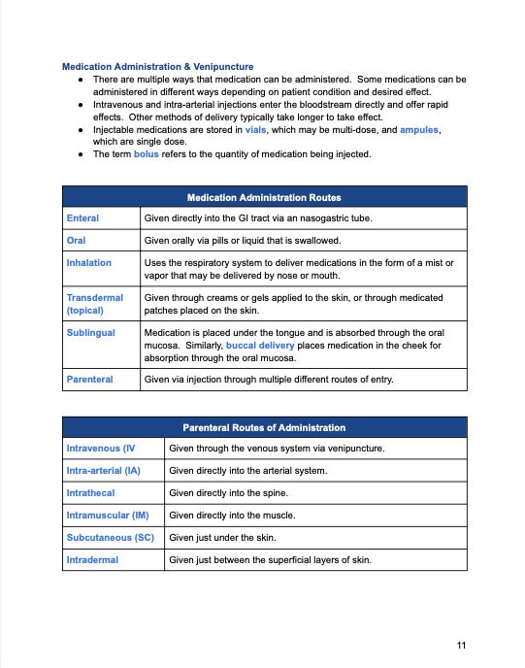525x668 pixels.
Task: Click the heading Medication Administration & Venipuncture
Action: (157, 67)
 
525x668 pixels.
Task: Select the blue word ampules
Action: (417, 128)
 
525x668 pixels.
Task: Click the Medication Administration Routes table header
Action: (263, 197)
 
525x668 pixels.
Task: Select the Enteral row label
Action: (82, 218)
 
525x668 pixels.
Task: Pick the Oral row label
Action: (75, 240)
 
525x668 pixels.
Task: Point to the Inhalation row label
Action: (89, 262)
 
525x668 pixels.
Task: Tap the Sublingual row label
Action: (90, 332)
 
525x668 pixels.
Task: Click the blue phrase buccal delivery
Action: (267, 345)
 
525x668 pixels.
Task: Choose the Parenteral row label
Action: (90, 379)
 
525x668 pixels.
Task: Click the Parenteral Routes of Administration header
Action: (263, 427)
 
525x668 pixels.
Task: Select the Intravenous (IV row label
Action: (100, 449)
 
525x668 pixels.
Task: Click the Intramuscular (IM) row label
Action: (107, 515)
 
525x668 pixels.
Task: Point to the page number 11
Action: (461, 645)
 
